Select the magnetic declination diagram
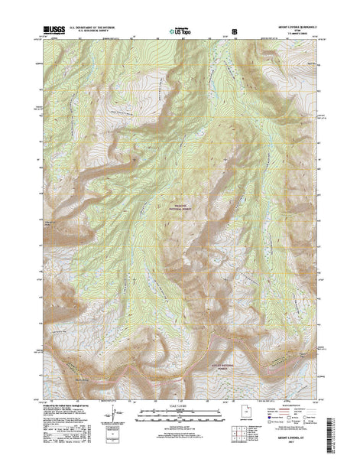click(115, 416)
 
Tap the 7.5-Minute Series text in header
click(295, 35)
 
